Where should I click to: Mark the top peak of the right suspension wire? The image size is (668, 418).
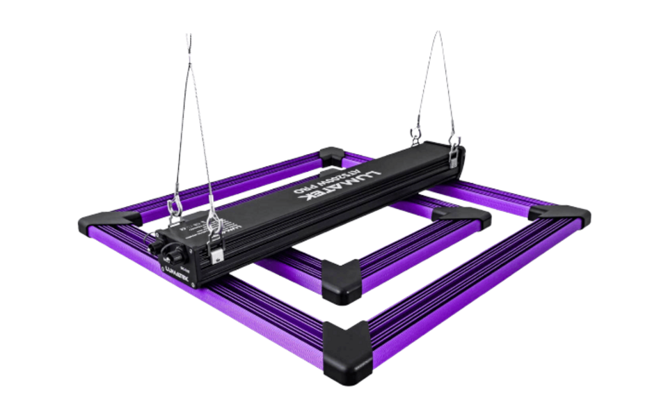439,32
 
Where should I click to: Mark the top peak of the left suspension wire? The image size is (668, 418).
189,36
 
